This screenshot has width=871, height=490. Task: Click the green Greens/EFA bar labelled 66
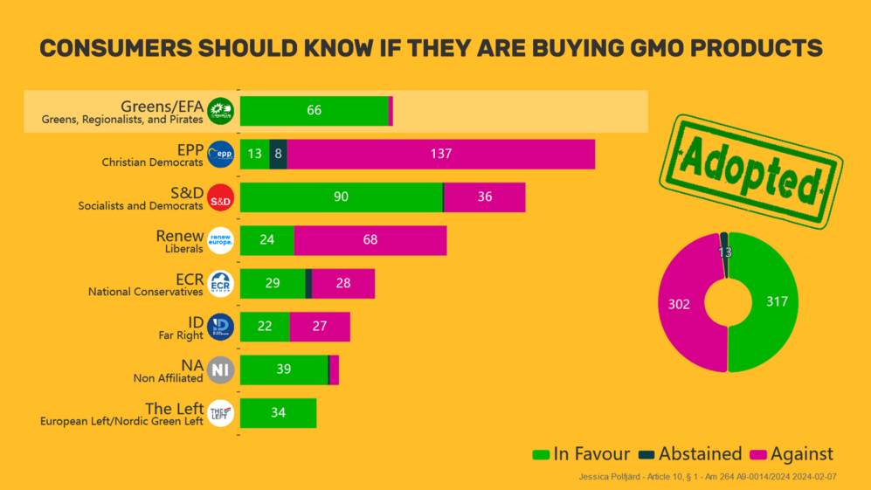314,111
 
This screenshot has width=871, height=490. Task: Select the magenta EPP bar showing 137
440,155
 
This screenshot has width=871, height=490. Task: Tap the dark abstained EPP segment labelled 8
278,155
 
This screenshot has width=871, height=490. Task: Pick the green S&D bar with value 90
341,197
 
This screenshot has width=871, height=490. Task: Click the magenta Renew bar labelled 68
370,240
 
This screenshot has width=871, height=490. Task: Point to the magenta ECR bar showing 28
342,284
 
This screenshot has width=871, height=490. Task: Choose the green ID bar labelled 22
265,327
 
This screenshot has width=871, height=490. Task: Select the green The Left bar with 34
278,413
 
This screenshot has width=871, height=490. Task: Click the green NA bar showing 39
284,369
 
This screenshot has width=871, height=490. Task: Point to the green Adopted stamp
749,171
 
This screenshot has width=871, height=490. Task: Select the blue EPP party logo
221,155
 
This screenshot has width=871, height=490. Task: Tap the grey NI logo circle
221,370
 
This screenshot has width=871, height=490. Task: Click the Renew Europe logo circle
221,240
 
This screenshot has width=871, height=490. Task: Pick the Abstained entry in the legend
690,454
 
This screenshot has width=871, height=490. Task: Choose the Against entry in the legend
792,454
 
